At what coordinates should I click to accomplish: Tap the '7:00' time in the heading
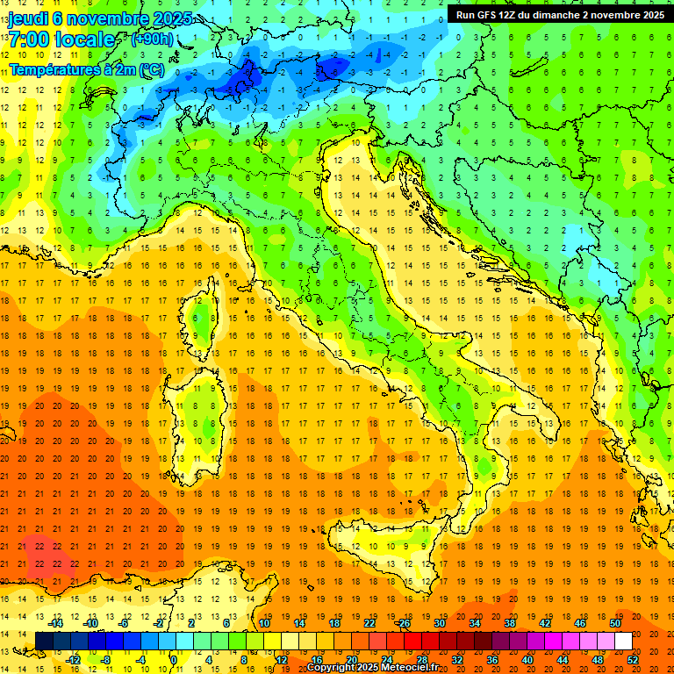pos(28,40)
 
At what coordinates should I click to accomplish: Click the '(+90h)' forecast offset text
pos(152,39)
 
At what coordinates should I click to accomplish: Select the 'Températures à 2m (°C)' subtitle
pos(86,68)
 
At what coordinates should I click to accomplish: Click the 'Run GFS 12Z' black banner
pos(560,15)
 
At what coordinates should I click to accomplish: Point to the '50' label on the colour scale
pos(613,623)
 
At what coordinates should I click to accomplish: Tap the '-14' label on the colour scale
pos(56,623)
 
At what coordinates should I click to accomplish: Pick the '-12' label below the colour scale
pos(73,659)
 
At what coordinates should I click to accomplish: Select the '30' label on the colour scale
pos(439,623)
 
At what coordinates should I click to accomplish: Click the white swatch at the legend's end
pos(622,641)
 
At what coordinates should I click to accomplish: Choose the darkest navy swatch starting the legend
pos(44,641)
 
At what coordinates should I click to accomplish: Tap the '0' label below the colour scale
pos(173,659)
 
